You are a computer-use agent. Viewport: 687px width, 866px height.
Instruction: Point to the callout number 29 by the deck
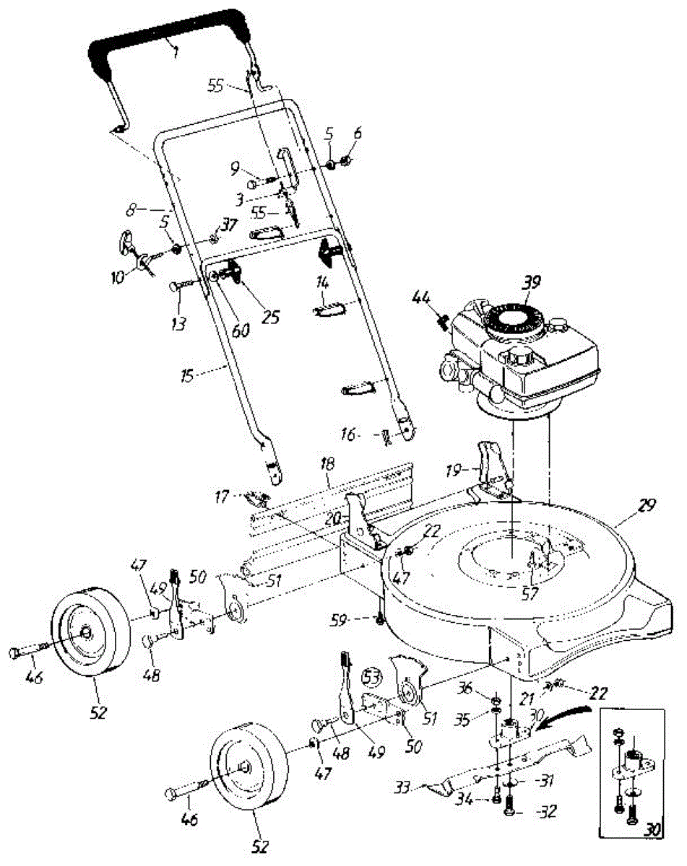click(647, 505)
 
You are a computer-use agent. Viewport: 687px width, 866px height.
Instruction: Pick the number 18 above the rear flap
click(329, 476)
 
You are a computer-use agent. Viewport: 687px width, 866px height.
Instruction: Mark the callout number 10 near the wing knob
click(118, 277)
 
